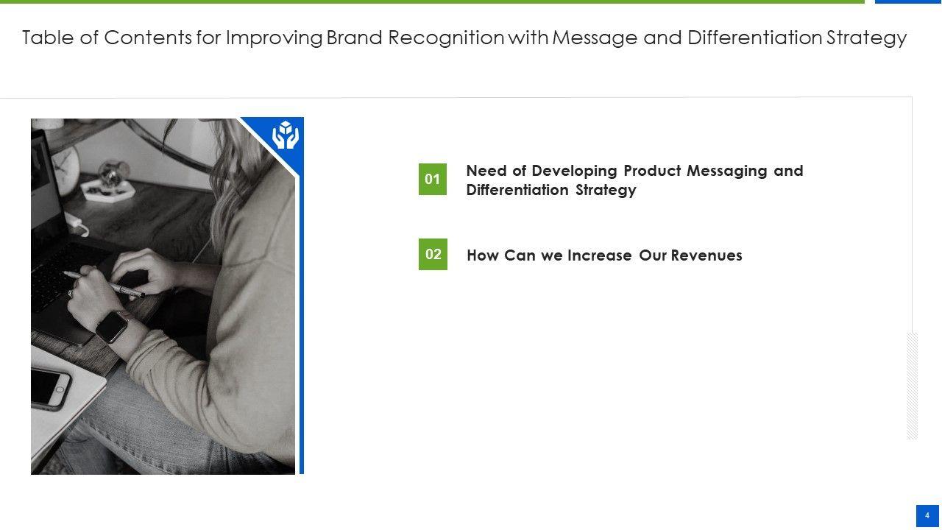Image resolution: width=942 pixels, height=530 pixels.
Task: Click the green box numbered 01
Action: (x=432, y=179)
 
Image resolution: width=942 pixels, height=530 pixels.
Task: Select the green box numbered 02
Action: (x=433, y=255)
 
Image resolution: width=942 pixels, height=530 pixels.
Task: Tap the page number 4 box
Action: (x=927, y=516)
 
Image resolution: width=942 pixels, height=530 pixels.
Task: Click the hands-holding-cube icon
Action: (x=286, y=135)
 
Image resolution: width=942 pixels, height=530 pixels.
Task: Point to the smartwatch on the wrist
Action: (x=112, y=328)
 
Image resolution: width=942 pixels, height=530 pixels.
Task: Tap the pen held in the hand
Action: (x=105, y=284)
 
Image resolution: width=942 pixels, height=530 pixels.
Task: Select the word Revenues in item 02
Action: (x=706, y=255)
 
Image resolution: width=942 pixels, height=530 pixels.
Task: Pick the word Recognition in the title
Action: (x=446, y=38)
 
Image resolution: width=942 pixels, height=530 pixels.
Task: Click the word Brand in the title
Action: (x=355, y=38)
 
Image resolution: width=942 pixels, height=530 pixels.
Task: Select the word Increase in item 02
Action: (x=600, y=255)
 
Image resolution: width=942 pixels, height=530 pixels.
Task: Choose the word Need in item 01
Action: (x=486, y=171)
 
